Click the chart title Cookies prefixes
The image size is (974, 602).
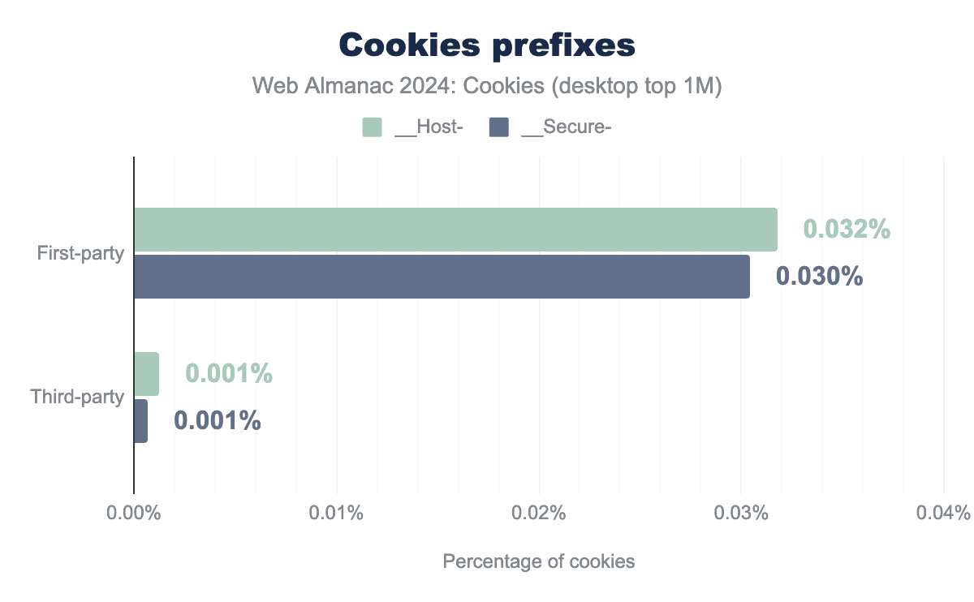click(486, 45)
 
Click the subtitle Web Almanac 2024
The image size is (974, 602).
click(486, 86)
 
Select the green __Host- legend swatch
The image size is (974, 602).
click(372, 127)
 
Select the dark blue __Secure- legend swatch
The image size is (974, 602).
click(499, 127)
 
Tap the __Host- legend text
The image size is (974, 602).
click(428, 127)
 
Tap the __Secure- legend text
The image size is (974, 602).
click(566, 127)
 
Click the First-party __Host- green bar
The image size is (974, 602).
click(455, 230)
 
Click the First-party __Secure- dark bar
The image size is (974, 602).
click(442, 277)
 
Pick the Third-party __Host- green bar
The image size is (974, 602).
click(146, 374)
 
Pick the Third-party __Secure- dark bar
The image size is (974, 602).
click(140, 421)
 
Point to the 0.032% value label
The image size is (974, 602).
click(847, 230)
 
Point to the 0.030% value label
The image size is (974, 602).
click(819, 277)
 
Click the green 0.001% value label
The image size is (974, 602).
click(228, 374)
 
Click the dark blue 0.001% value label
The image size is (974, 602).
click(217, 421)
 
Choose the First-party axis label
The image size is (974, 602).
click(80, 253)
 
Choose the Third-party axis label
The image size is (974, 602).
click(77, 398)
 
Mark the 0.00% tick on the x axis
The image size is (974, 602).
click(134, 514)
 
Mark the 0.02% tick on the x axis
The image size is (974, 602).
click(539, 514)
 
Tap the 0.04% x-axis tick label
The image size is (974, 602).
click(943, 514)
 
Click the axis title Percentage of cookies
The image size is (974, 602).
click(538, 561)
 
